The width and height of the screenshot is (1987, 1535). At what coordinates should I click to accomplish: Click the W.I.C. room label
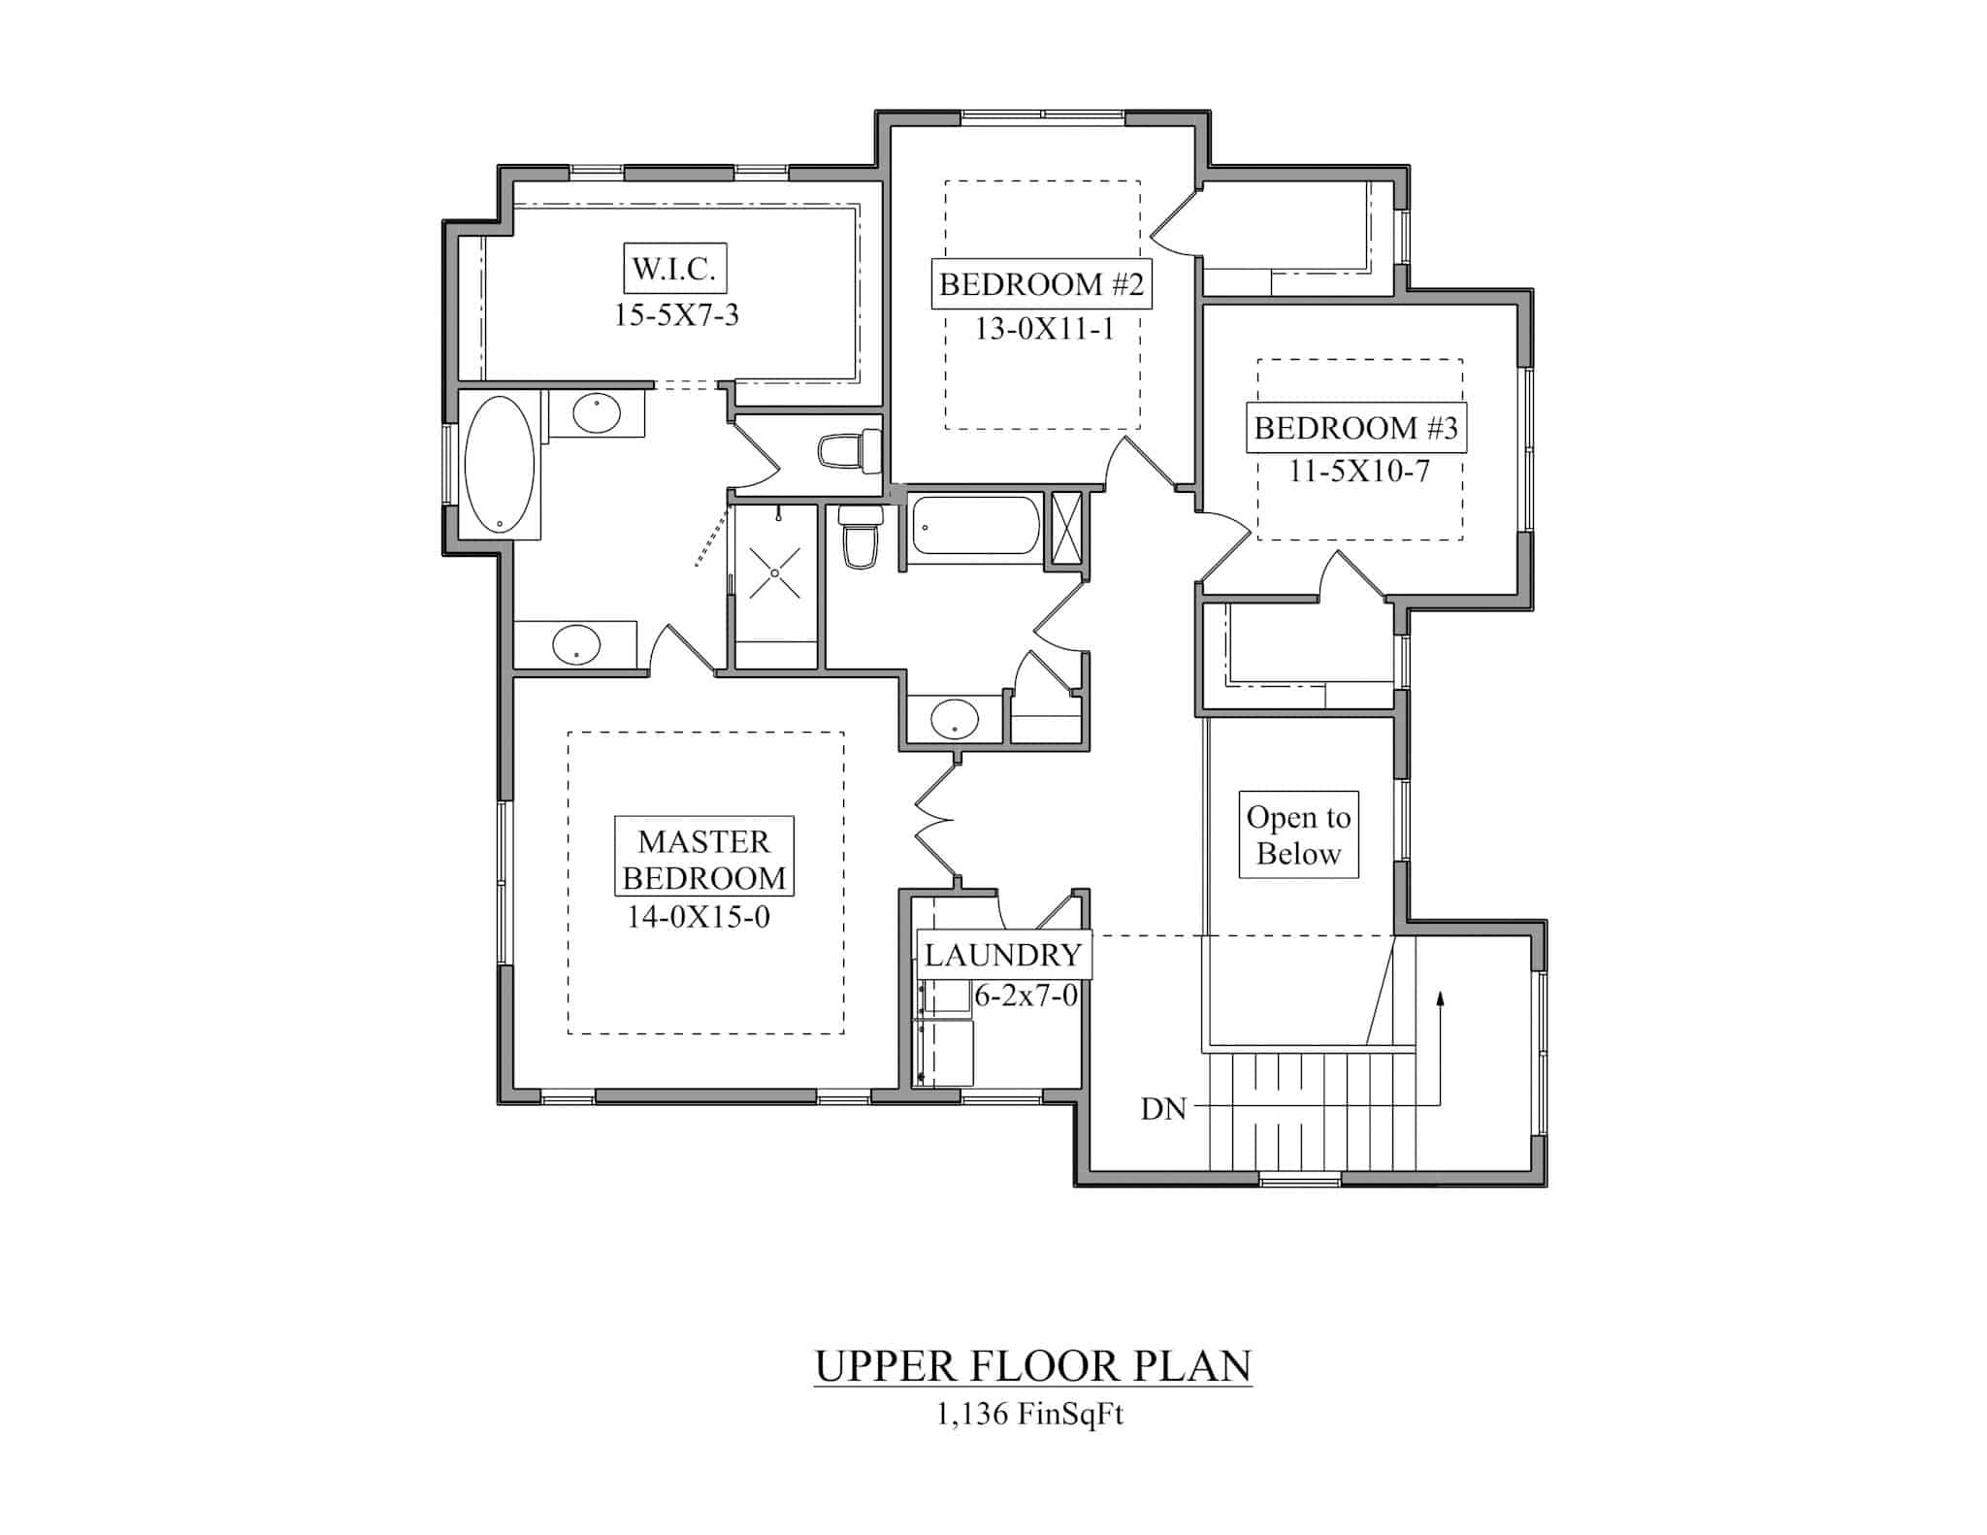coord(674,269)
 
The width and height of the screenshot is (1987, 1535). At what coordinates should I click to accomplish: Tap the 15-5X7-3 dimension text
coord(676,315)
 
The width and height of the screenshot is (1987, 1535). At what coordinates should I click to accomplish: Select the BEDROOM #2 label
coord(1041,284)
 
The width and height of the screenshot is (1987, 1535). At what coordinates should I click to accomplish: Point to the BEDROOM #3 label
coord(1355,428)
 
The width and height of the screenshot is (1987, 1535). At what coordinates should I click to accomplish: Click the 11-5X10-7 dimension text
coord(1358,472)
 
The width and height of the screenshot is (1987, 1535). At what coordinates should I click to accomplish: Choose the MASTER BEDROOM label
coord(704,859)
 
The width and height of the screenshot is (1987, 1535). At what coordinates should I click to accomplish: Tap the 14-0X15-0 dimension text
coord(699,917)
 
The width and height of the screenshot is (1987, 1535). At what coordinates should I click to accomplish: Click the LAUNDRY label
coord(1003,955)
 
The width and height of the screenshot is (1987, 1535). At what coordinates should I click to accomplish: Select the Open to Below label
coord(1298,835)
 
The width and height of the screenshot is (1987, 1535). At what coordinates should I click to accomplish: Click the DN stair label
coord(1163,1109)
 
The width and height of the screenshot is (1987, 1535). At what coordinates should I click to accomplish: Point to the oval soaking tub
coord(499,466)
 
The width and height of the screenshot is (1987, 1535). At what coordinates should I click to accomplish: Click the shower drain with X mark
coord(775,573)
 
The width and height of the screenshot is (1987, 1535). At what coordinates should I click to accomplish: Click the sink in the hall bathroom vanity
coord(954,719)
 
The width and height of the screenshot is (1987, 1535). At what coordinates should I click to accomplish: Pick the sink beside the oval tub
coord(596,414)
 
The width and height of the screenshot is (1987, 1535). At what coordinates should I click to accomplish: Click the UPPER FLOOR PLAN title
coord(1032,1366)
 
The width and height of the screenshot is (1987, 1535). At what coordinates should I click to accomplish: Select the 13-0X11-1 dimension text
coord(1044,330)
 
